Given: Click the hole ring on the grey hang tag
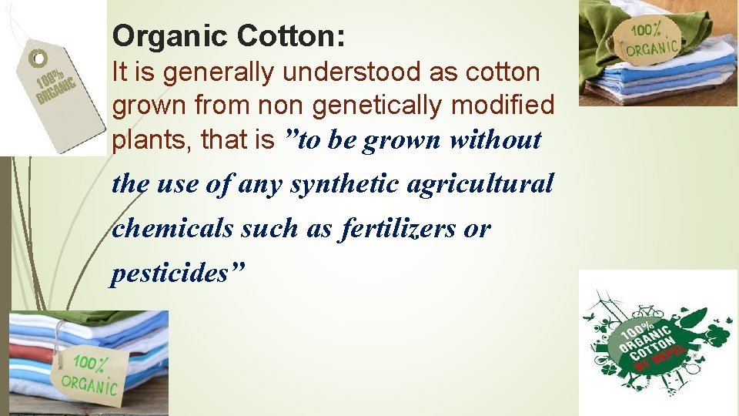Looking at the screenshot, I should pos(35,59).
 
